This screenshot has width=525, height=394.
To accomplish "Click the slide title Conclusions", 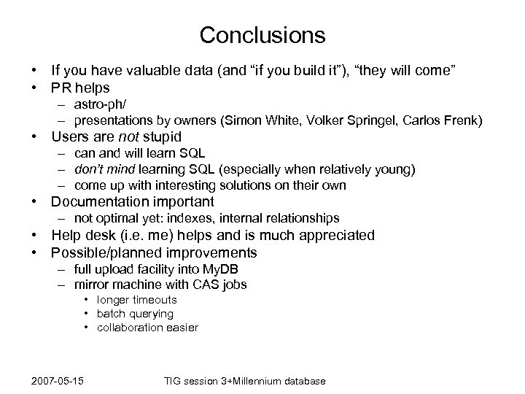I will coord(262,34).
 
